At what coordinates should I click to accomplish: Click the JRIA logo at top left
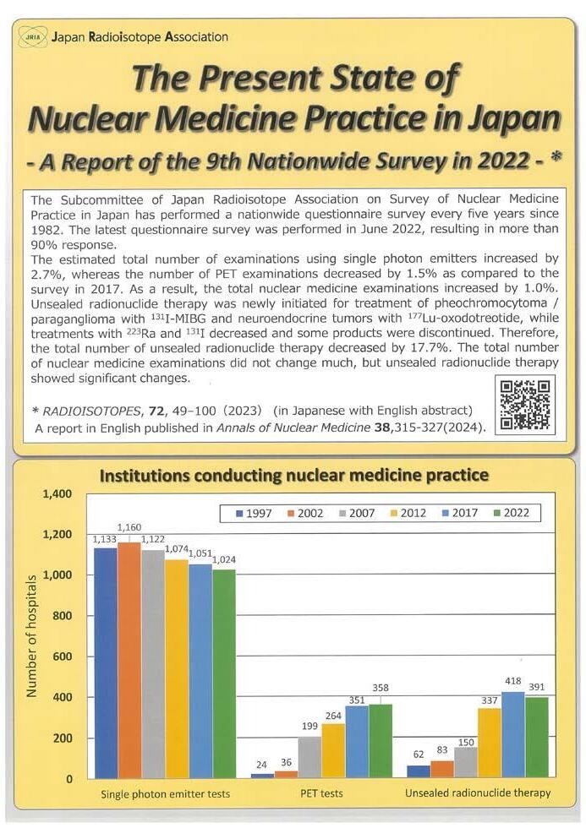tap(31, 37)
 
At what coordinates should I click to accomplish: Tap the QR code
tap(525, 405)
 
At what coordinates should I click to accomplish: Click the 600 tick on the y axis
tap(63, 656)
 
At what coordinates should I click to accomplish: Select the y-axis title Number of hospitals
tap(32, 636)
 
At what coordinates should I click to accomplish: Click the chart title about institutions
tap(293, 475)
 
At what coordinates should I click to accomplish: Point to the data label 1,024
tap(223, 559)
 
